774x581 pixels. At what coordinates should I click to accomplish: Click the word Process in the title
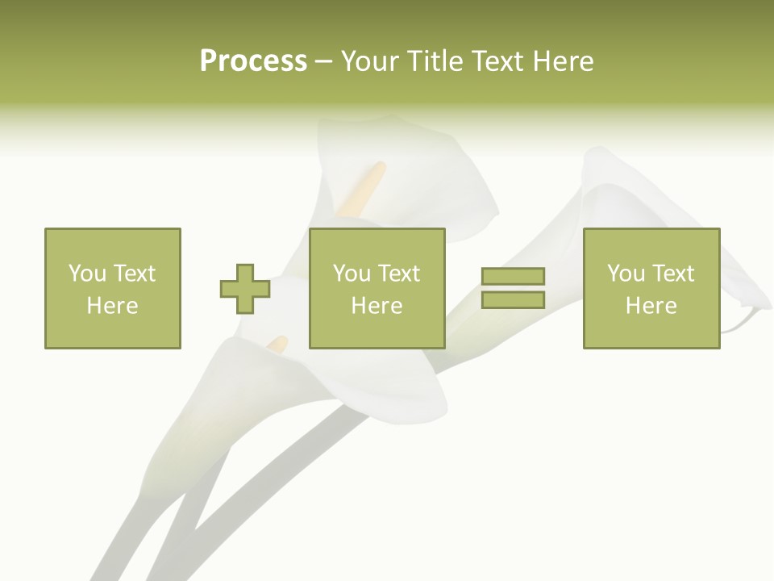(253, 61)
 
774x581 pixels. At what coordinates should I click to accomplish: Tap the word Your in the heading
(370, 61)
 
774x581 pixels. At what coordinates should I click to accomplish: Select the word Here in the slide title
(563, 61)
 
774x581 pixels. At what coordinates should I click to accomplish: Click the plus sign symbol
(245, 289)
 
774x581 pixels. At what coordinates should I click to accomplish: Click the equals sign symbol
(513, 288)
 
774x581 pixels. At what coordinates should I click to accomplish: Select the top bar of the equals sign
(513, 277)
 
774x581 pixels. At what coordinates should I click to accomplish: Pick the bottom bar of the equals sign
(513, 299)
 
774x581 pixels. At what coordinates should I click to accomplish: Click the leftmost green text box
(112, 288)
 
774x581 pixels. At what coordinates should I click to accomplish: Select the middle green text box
(377, 288)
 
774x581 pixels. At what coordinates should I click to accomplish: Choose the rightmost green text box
(651, 288)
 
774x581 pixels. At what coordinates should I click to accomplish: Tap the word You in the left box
(87, 274)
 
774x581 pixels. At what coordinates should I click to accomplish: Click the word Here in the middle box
(377, 306)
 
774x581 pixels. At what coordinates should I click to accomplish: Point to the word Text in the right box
(674, 274)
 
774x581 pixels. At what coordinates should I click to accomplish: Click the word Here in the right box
(651, 306)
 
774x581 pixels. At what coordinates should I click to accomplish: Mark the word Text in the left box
(135, 274)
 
